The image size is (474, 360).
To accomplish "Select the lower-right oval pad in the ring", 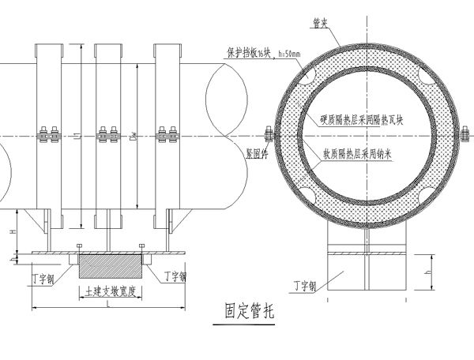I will [427, 192].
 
